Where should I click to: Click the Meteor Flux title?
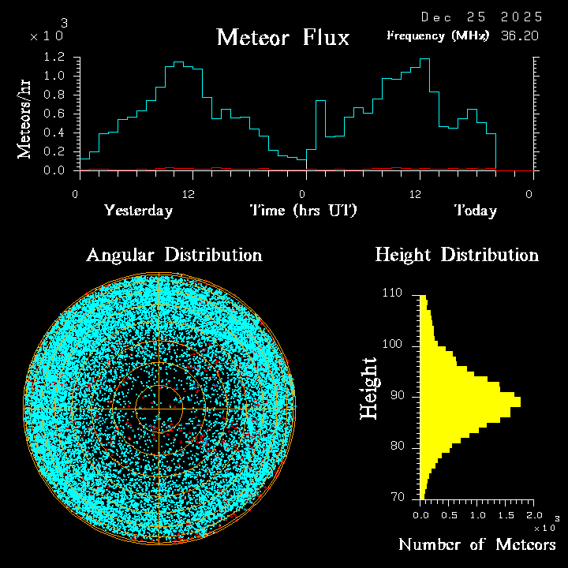282,37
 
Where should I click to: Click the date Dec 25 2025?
481,17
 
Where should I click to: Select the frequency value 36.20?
521,35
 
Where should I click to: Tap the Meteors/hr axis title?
24,118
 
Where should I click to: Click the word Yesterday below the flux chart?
138,211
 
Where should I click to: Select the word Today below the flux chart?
475,211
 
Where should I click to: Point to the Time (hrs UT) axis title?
304,211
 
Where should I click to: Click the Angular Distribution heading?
174,255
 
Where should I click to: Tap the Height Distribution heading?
456,255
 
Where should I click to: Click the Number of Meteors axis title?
477,544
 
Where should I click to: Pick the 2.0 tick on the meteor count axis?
535,515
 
